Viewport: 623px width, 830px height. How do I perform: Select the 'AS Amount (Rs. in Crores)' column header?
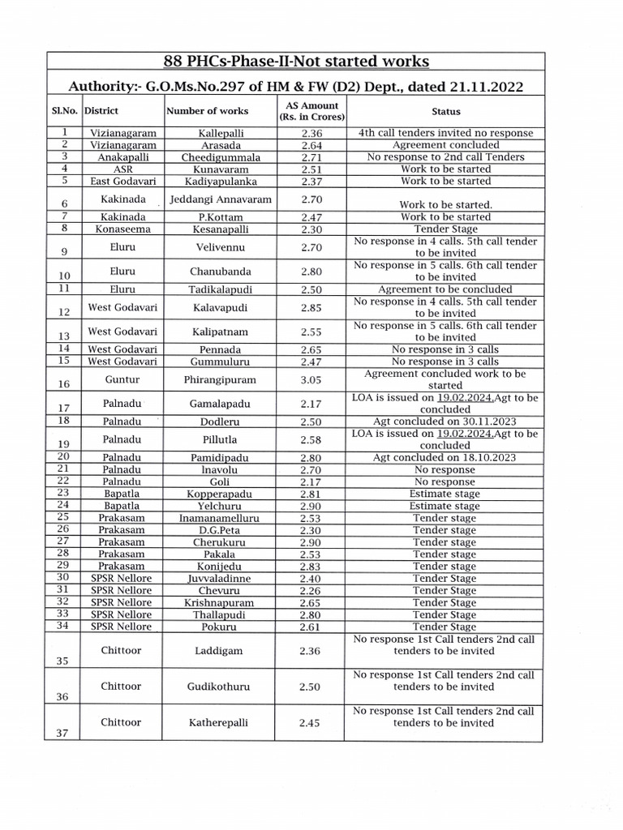(x=301, y=111)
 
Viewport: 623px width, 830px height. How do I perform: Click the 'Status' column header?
(x=445, y=112)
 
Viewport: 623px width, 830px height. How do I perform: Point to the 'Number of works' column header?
(x=208, y=111)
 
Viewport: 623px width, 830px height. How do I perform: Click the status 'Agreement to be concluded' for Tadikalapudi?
(x=445, y=289)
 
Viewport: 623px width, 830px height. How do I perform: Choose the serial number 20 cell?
(x=65, y=457)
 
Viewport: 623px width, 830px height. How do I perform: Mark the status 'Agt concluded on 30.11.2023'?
(x=445, y=421)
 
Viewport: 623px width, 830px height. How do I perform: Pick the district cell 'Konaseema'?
(x=122, y=229)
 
